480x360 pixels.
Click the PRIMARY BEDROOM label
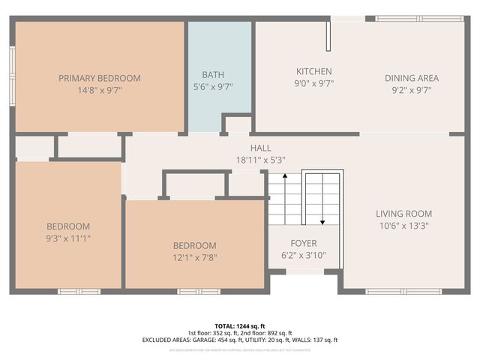tap(100, 78)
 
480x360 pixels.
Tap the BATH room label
tap(213, 75)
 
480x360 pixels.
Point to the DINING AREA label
tap(412, 78)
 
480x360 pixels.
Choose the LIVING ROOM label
tap(403, 214)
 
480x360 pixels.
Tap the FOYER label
tap(304, 244)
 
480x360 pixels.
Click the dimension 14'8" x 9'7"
tap(100, 89)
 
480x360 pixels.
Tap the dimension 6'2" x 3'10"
tap(304, 255)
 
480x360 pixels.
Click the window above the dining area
tap(420, 18)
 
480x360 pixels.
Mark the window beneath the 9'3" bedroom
tap(79, 291)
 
